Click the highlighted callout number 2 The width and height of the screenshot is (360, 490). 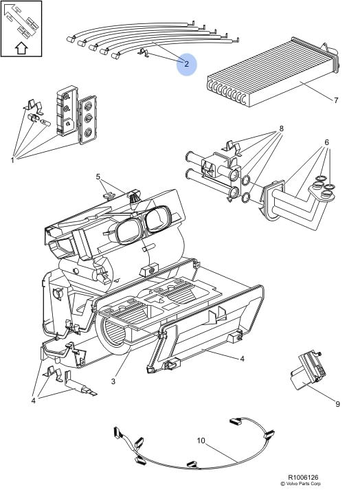pos(187,64)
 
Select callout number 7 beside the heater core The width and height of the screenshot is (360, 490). pos(336,100)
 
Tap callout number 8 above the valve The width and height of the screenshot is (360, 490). pos(281,129)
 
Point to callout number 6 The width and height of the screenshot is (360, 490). pos(326,142)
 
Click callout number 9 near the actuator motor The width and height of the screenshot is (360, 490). pos(337,404)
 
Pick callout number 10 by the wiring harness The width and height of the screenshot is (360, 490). pos(201,441)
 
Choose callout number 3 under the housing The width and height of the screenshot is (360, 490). pos(113,381)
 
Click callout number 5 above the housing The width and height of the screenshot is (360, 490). pos(98,177)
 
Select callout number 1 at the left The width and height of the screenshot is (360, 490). pos(12,160)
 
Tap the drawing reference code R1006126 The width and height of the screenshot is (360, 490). pos(303,478)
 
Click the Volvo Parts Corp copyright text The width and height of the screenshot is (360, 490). pos(300,484)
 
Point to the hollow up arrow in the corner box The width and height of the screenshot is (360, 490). pos(21,48)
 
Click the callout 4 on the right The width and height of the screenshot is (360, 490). pos(243,359)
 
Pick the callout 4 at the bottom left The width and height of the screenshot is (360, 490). pos(34,400)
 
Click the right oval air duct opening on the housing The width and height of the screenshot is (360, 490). pos(157,219)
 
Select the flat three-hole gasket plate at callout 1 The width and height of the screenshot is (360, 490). pos(87,120)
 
